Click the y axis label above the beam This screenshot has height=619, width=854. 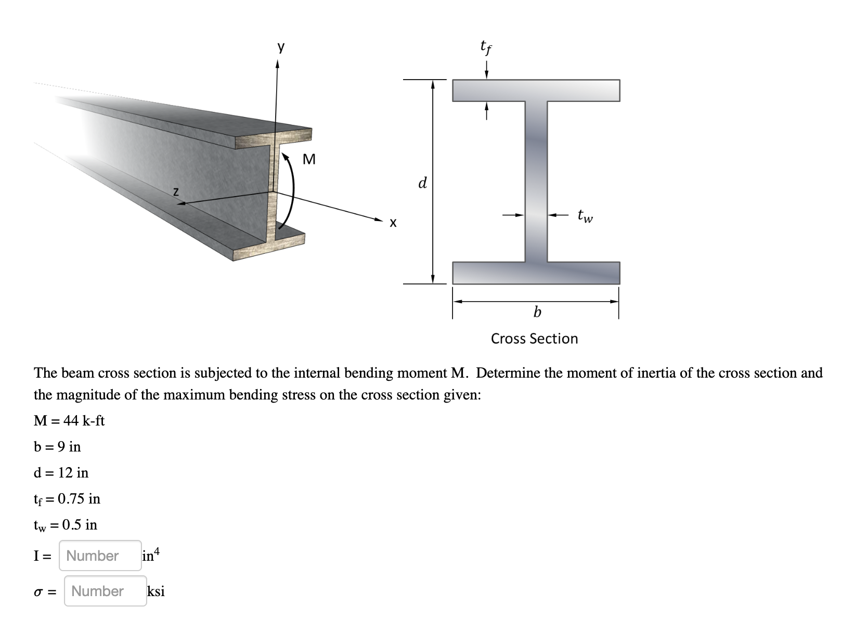click(281, 48)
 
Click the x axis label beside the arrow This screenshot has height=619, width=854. click(393, 224)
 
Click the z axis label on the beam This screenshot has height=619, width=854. click(176, 192)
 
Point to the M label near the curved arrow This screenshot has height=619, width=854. click(309, 159)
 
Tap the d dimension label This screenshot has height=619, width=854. click(422, 183)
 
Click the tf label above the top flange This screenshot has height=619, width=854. click(486, 48)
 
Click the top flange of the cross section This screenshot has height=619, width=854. click(536, 91)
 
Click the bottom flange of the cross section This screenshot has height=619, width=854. click(536, 273)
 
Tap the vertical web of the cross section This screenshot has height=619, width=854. click(536, 182)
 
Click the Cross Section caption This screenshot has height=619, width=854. click(534, 339)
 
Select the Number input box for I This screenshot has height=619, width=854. click(100, 556)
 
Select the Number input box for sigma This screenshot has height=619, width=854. click(105, 591)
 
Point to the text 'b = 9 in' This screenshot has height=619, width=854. click(57, 446)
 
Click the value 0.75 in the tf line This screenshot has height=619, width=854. click(71, 499)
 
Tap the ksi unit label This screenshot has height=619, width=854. click(156, 591)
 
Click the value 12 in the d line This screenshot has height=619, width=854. click(65, 472)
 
